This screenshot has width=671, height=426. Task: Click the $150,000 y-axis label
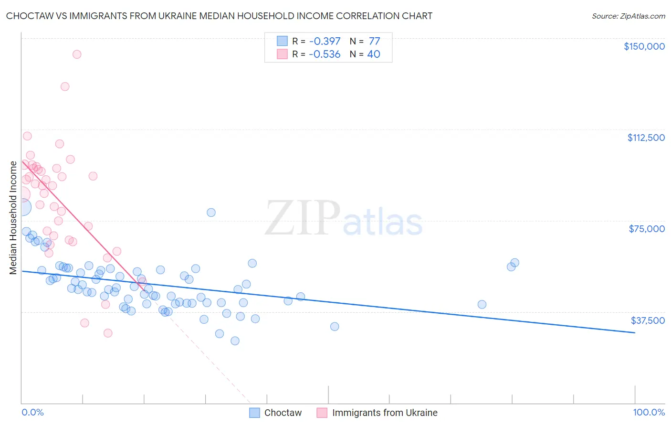pos(644,46)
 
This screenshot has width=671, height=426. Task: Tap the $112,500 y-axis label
pos(646,138)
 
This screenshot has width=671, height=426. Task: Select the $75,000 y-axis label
pos(647,229)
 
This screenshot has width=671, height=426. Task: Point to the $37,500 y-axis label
pos(648,320)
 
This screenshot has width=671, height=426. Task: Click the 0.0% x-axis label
pos(32,413)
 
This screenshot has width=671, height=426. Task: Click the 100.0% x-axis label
pos(649,413)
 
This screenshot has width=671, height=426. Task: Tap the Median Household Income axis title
pos(13,218)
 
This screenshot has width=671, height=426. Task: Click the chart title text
pos(219,16)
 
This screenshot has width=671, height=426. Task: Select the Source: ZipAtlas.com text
pos(628,16)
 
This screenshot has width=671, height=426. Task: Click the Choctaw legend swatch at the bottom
pos(254,413)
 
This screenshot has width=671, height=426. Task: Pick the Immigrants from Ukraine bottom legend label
pos(385,413)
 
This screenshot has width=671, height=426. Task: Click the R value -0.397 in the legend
pos(325,42)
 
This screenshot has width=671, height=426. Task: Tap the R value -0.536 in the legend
pos(325,54)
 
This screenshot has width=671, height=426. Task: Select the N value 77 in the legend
pos(374,42)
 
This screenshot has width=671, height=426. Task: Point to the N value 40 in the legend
pos(374,54)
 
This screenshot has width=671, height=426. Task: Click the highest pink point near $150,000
pos(77,54)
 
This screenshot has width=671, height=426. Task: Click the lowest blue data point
pos(235,341)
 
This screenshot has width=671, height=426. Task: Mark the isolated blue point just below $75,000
pos(211,213)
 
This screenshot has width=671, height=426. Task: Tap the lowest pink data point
pos(108,333)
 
